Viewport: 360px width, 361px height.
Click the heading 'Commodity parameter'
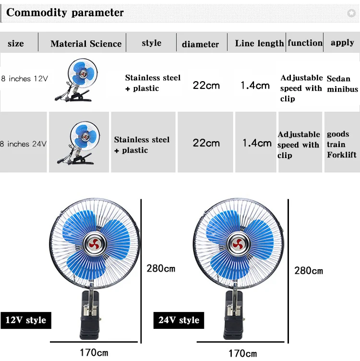pos(65,13)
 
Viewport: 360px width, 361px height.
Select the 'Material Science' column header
pos(86,44)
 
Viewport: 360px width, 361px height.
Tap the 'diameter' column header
pos(200,44)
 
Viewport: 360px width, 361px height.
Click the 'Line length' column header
pos(259,43)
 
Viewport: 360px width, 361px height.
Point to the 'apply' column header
pos(342,43)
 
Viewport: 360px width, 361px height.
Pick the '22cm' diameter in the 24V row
pos(206,143)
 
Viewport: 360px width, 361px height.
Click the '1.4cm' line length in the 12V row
pos(255,85)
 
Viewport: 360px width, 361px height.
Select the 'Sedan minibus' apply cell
pos(342,84)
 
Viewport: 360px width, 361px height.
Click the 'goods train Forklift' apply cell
pos(341,144)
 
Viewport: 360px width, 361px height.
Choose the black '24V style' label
pos(179,320)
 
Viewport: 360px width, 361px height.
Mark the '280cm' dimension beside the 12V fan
pos(161,268)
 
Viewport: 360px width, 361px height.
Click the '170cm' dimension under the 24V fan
pos(242,353)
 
